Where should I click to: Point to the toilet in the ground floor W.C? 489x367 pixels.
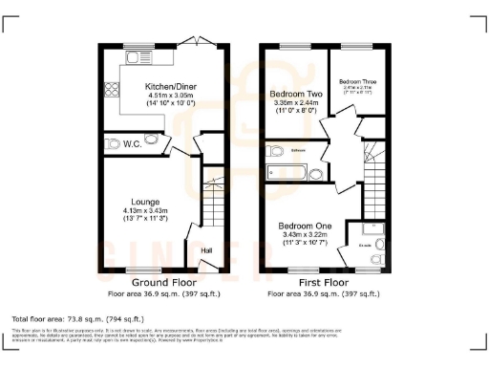point(109,144)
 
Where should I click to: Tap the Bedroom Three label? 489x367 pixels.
point(357,82)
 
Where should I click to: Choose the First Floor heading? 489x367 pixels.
point(323,284)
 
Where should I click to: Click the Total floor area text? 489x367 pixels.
point(76,318)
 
